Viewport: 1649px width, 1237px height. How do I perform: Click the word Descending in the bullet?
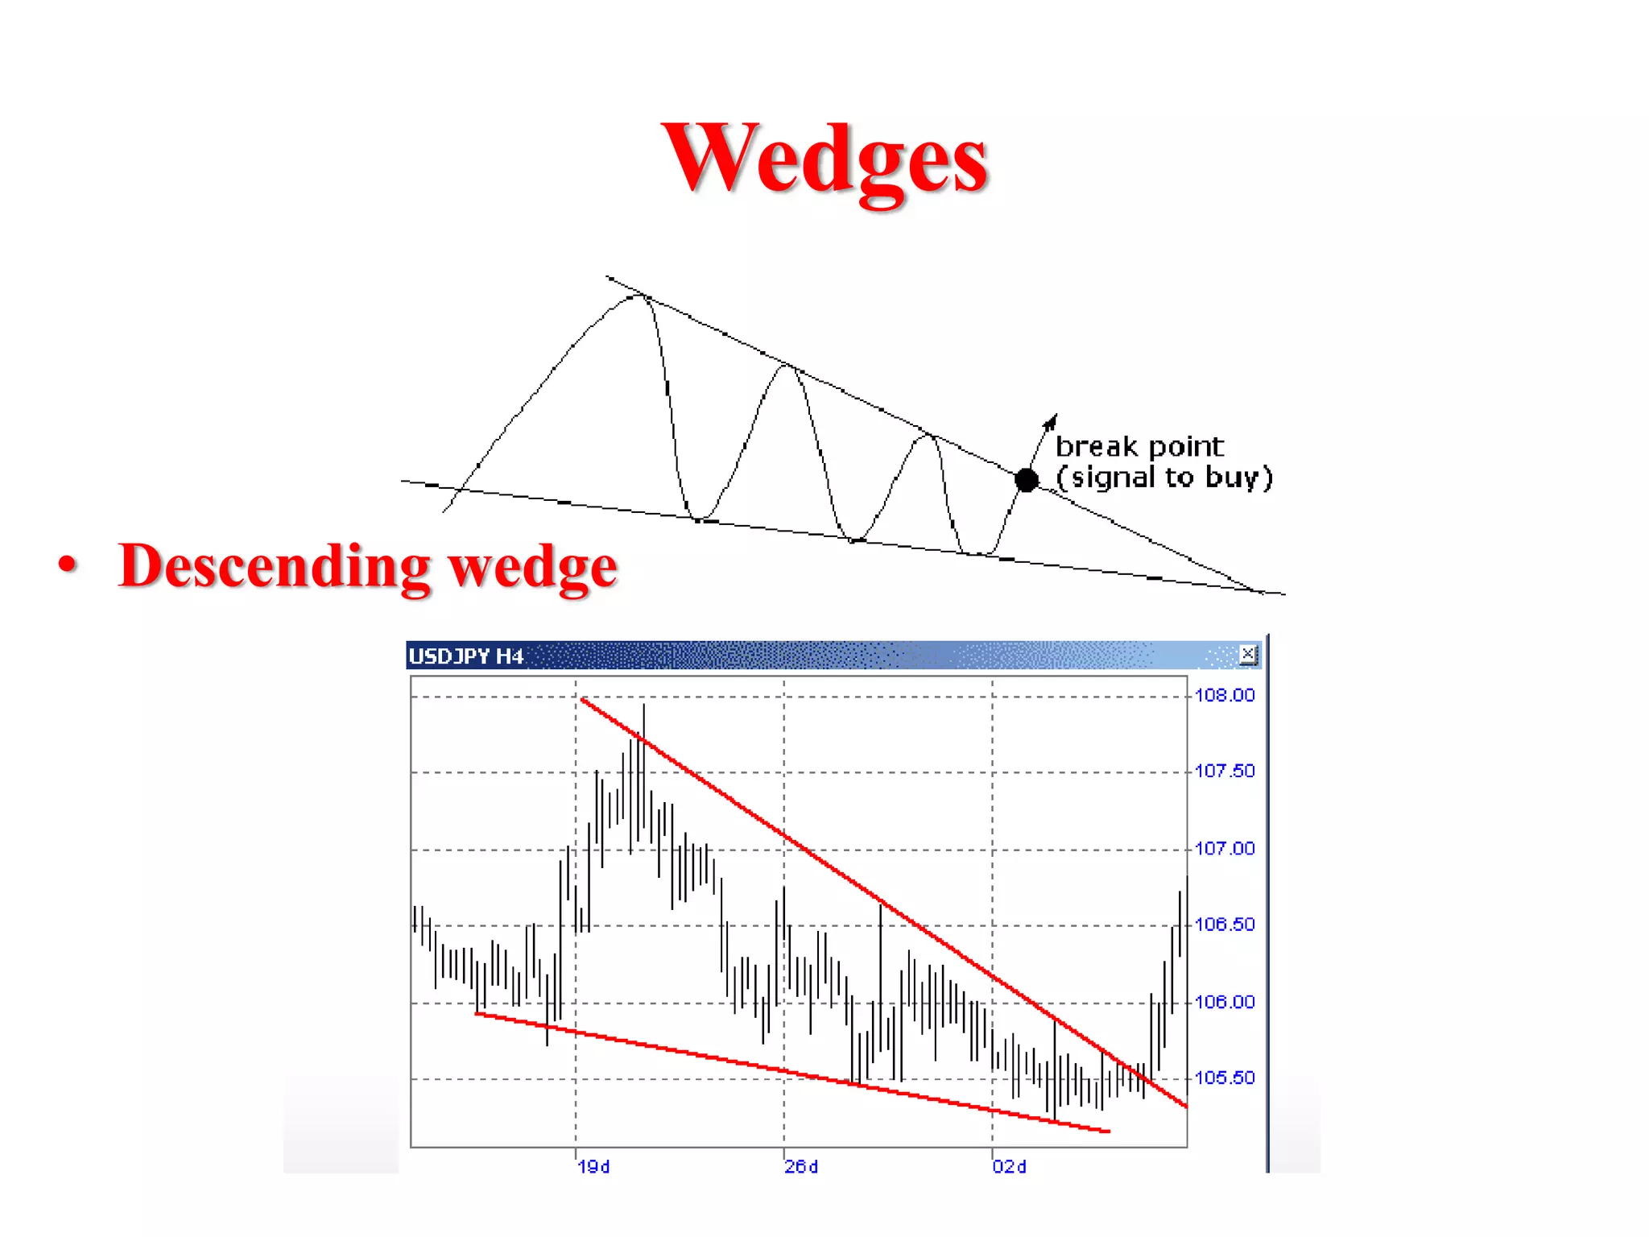(x=275, y=565)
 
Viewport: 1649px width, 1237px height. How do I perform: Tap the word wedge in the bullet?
(x=532, y=567)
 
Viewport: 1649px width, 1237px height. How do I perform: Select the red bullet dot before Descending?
(x=68, y=564)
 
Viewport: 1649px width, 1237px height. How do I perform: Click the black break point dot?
(x=1027, y=480)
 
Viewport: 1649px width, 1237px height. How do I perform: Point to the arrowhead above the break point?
(x=1051, y=421)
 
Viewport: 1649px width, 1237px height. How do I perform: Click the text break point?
(x=1139, y=446)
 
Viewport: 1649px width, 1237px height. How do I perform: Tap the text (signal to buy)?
(x=1163, y=478)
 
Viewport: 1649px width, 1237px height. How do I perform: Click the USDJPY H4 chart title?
(x=466, y=656)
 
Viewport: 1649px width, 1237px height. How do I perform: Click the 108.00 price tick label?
(x=1224, y=695)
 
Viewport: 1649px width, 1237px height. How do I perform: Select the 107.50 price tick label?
(x=1224, y=772)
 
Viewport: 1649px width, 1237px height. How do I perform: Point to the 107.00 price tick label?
(x=1224, y=849)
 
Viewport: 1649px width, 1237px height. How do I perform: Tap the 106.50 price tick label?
(x=1224, y=925)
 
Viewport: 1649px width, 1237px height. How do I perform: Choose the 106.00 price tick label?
(x=1224, y=1002)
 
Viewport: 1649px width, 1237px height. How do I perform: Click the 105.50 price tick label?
(x=1224, y=1078)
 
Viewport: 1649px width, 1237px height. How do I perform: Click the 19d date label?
(x=594, y=1167)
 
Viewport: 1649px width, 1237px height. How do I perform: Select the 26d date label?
(x=802, y=1167)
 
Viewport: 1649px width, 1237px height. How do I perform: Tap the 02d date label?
(x=1010, y=1167)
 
